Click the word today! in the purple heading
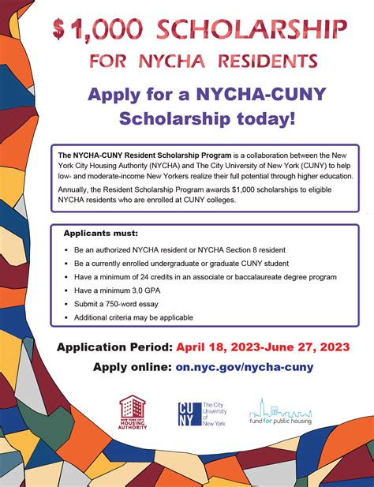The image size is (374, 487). pyautogui.click(x=264, y=119)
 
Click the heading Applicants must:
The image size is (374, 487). pyautogui.click(x=99, y=212)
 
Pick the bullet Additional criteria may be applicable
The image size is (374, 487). pyautogui.click(x=133, y=317)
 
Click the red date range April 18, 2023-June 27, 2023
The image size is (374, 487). pyautogui.click(x=263, y=347)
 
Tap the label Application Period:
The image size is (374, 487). pyautogui.click(x=114, y=347)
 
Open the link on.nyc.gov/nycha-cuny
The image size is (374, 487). pyautogui.click(x=244, y=367)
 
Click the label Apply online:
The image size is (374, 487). pyautogui.click(x=132, y=367)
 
